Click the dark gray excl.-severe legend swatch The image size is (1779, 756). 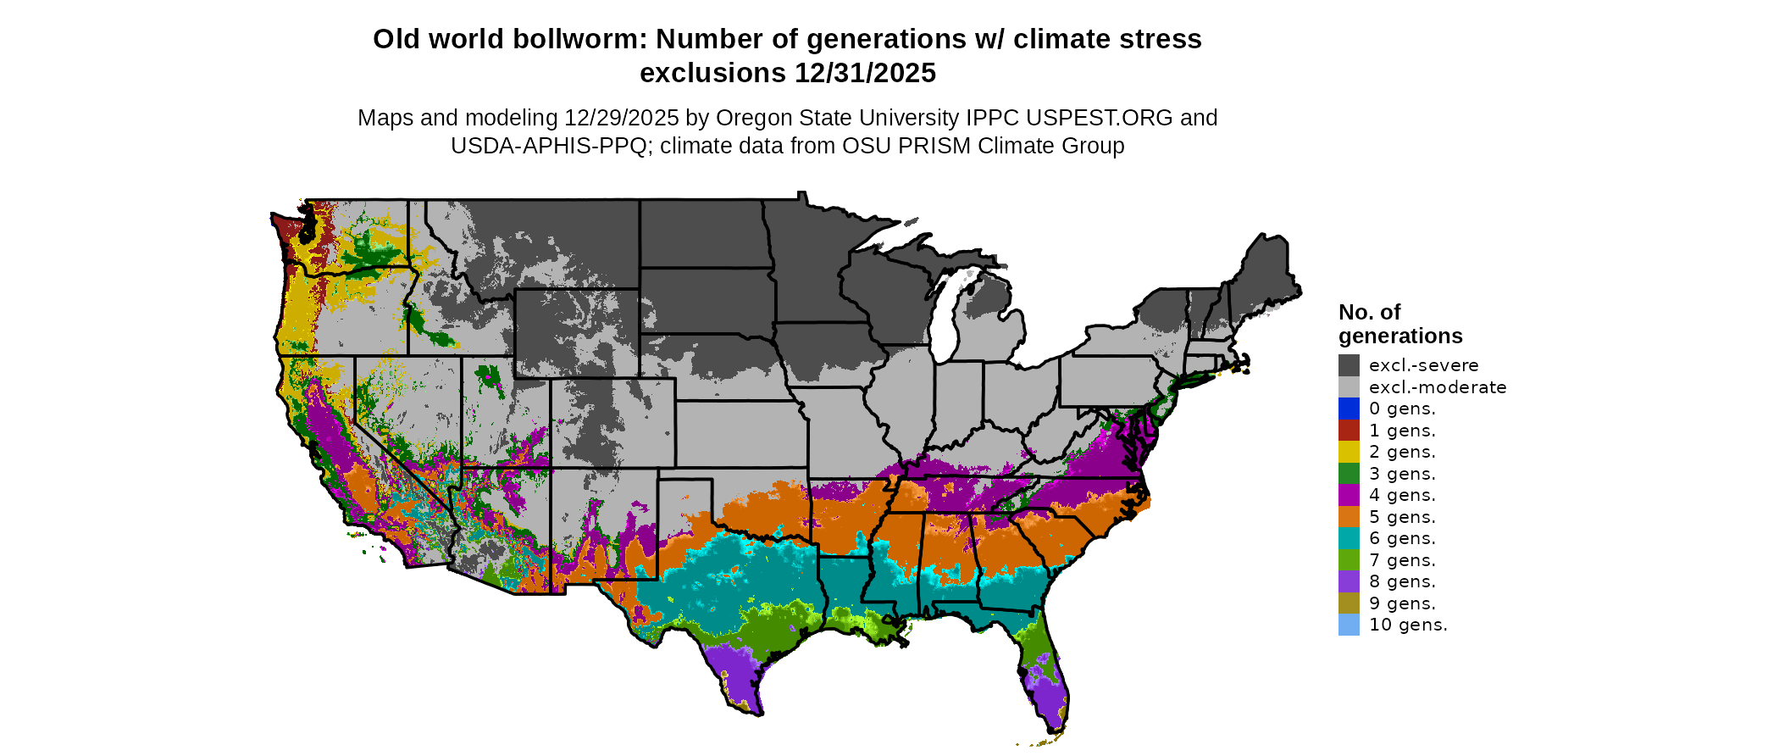[1349, 365]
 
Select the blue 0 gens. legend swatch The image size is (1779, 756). [1349, 409]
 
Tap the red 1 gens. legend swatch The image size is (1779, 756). [1349, 431]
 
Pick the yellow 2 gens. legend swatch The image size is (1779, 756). [1349, 452]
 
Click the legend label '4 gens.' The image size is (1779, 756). [1402, 495]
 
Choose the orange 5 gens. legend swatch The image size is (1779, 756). [1349, 517]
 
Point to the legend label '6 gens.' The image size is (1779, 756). [1402, 538]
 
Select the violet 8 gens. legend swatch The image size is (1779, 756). [1349, 581]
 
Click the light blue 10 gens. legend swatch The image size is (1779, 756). [1349, 625]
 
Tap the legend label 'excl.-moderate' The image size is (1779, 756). [1438, 387]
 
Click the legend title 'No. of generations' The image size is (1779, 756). [1399, 324]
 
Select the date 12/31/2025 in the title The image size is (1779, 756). [865, 73]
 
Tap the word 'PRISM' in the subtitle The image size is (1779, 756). [934, 146]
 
